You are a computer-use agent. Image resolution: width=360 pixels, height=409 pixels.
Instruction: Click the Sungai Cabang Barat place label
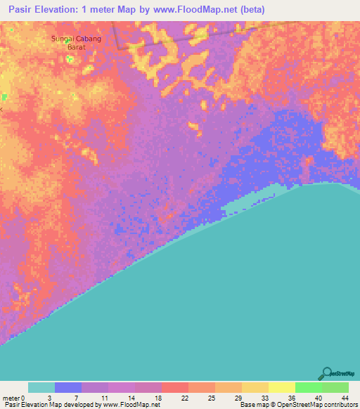coord(76,43)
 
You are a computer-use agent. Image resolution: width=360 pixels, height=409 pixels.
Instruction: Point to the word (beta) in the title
coord(251,11)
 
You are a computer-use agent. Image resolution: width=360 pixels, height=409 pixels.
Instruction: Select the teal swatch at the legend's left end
coord(41,387)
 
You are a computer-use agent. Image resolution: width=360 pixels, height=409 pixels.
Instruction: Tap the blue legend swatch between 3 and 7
coord(68,387)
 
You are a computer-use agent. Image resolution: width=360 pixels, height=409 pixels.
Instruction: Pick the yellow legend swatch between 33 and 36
coord(282,387)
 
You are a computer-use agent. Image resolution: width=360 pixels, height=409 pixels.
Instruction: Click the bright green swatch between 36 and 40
coord(309,387)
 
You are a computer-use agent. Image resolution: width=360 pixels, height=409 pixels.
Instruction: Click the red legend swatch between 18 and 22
coord(175,387)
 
